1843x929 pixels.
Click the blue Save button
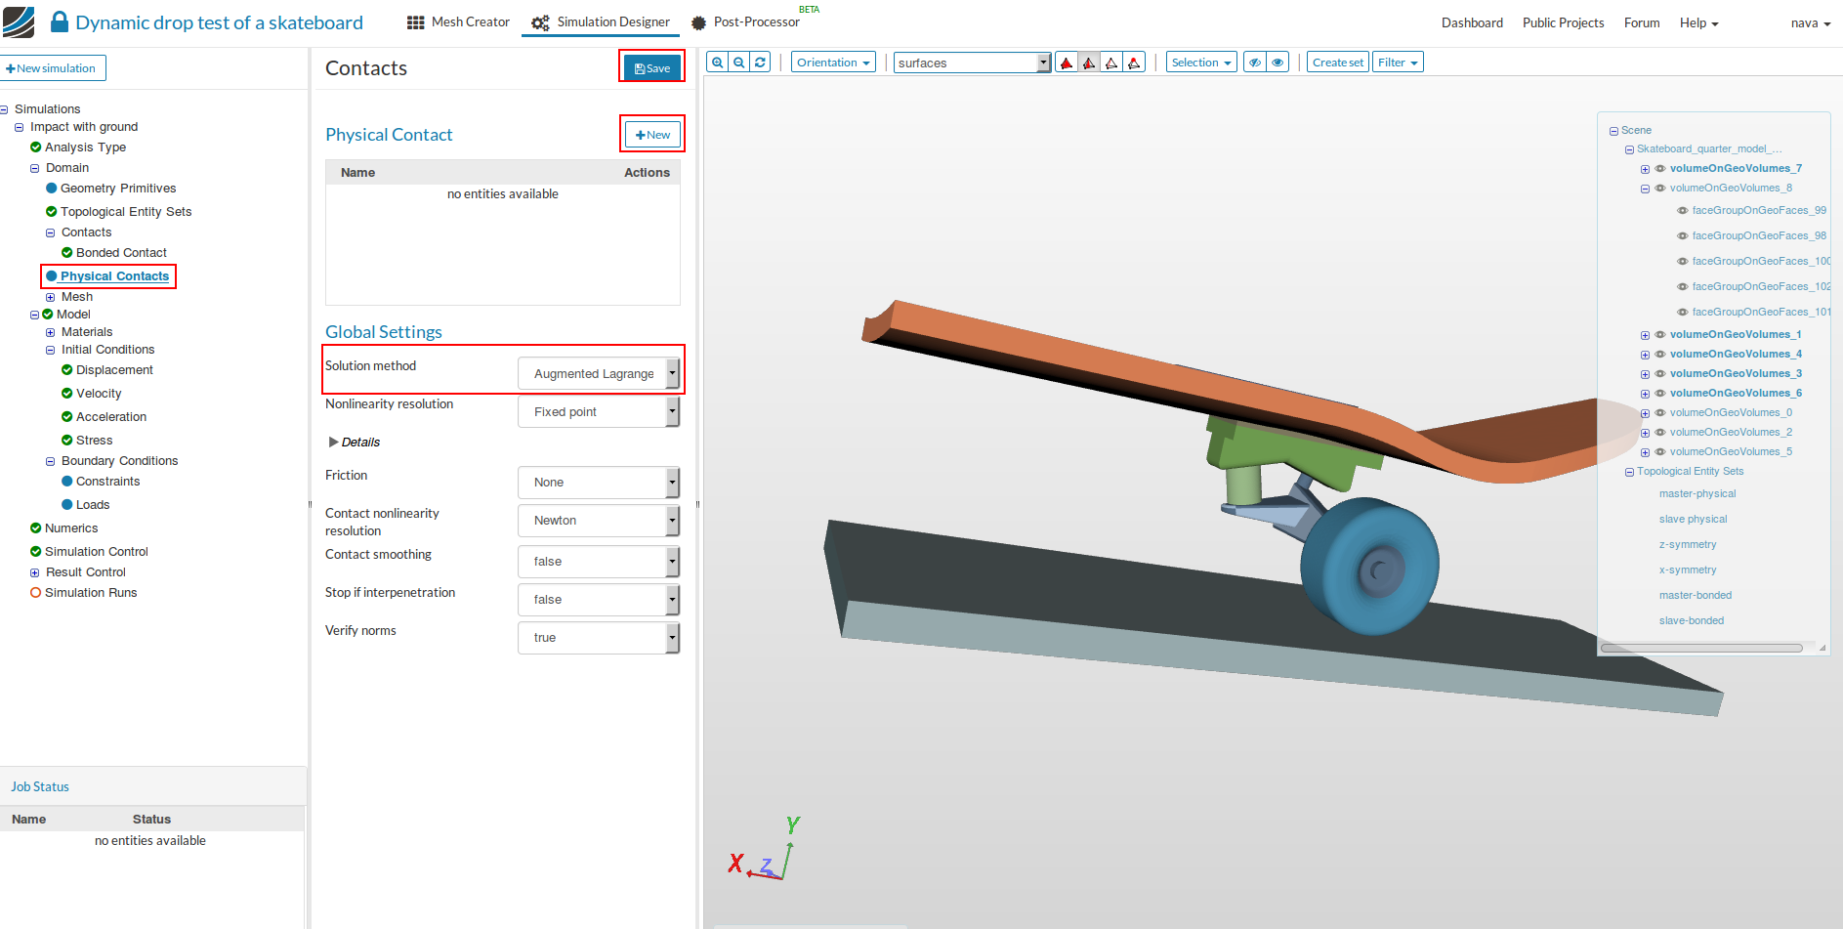click(651, 67)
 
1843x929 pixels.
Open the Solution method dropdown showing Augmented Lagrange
click(599, 373)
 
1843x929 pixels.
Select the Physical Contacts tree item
click(114, 276)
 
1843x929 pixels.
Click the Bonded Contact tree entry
click(121, 253)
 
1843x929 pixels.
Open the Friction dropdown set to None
click(599, 483)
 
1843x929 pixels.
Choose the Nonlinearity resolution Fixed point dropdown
click(599, 412)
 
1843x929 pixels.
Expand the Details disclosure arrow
click(334, 443)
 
